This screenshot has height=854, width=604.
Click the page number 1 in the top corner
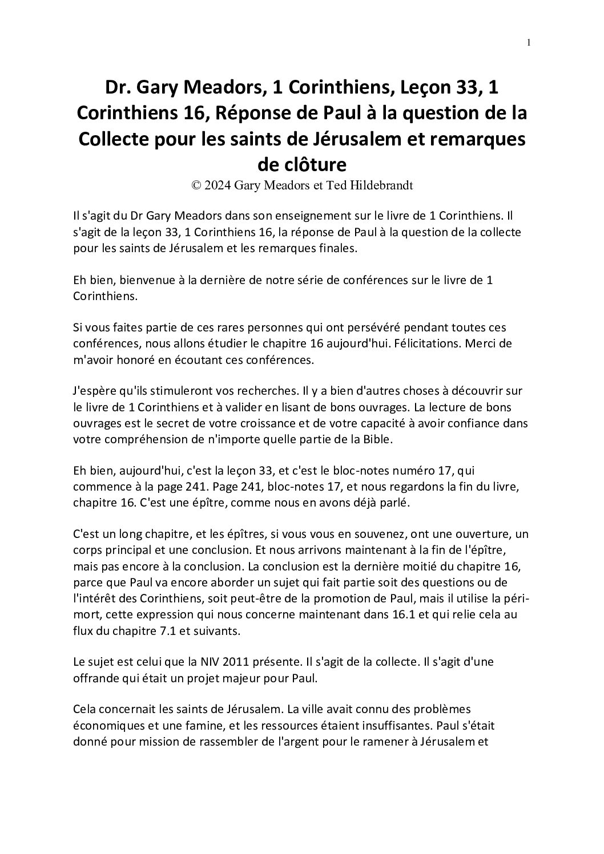(x=529, y=42)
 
